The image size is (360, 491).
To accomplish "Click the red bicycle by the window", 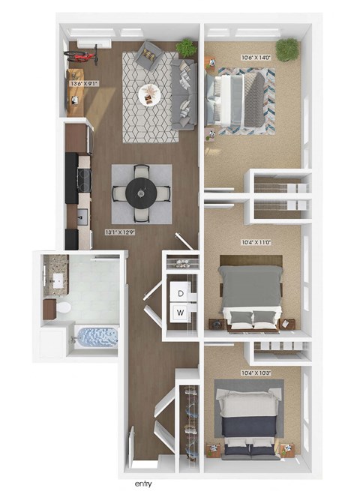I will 83,55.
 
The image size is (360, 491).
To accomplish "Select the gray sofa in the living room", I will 184,94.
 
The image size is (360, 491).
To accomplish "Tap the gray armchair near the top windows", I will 147,55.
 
